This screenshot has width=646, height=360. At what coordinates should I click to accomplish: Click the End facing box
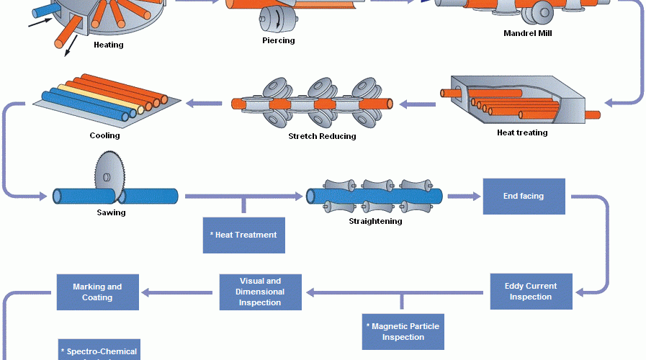[524, 195]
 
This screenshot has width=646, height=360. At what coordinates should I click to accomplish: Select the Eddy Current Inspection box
[530, 292]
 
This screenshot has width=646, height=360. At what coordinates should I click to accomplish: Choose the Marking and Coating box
[97, 292]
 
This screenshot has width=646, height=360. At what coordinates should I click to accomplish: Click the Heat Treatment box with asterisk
[243, 235]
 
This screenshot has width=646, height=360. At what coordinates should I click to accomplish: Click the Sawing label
[111, 212]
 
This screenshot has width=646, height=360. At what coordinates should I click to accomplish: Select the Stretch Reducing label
[322, 136]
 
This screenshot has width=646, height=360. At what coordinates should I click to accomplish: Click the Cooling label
[105, 135]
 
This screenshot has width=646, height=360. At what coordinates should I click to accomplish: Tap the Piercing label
[278, 40]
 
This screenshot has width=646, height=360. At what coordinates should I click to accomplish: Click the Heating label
[109, 45]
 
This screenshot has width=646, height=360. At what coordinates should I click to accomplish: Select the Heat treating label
[522, 132]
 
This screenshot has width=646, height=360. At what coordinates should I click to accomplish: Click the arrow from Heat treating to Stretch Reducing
[418, 104]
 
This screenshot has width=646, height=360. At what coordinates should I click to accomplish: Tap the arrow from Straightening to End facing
[462, 195]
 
